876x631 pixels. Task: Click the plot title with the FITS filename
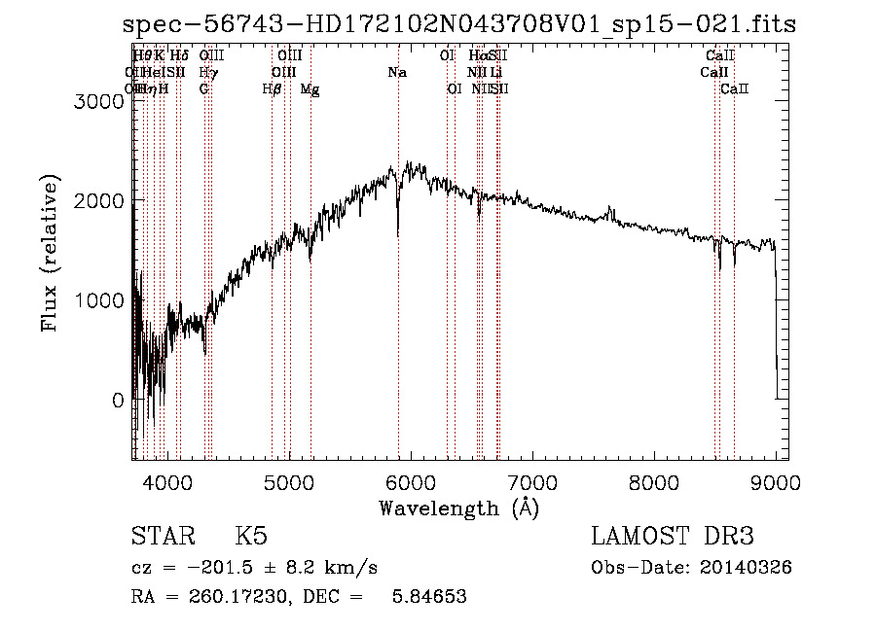point(459,24)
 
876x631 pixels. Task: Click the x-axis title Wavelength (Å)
point(459,508)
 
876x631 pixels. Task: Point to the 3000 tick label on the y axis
point(100,100)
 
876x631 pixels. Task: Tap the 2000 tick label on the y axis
point(100,200)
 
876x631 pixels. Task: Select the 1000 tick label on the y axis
point(100,300)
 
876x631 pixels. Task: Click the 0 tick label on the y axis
point(119,401)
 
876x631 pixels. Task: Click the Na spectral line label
point(397,73)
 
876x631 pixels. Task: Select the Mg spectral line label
point(310,89)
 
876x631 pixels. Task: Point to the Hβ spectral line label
point(273,89)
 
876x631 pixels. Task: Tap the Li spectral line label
point(496,73)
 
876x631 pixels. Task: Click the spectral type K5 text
point(251,537)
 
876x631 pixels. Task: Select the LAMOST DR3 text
point(673,537)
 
